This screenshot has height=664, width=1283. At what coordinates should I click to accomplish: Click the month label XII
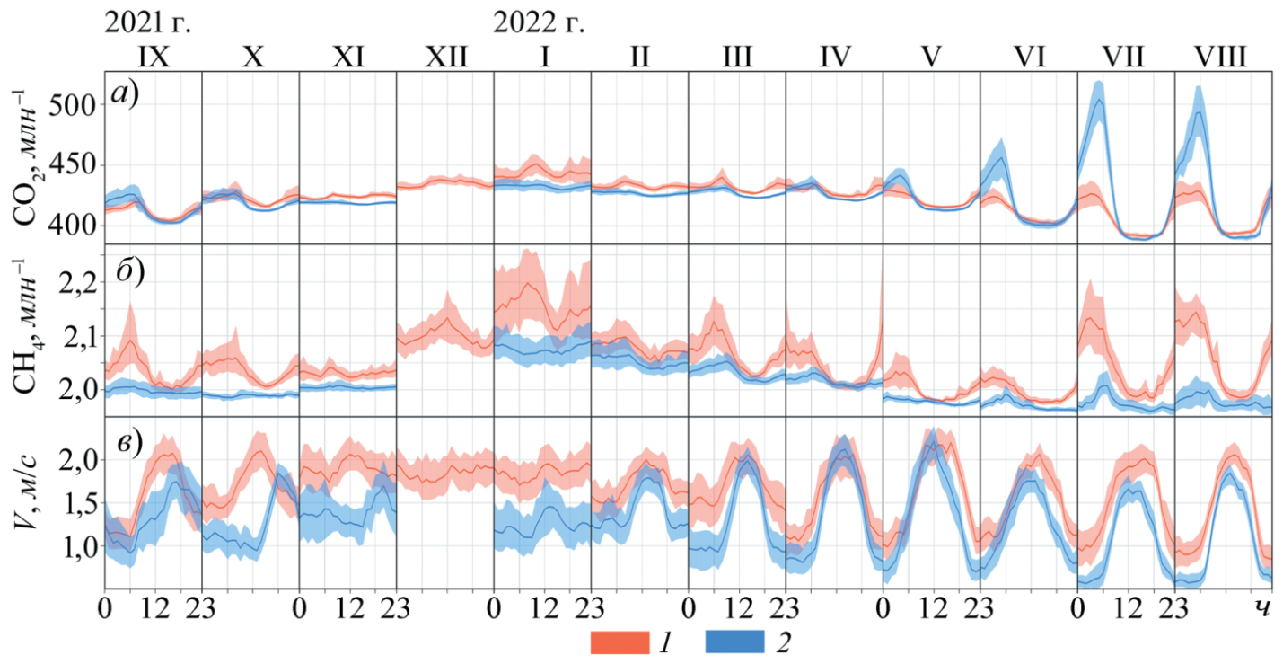coord(445,57)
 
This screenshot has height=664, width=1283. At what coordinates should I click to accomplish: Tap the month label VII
coord(1124,57)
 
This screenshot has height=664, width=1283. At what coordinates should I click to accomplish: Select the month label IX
coord(154,57)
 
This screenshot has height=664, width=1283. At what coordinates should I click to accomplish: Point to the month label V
coord(931,57)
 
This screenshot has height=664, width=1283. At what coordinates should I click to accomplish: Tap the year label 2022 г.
coord(539,22)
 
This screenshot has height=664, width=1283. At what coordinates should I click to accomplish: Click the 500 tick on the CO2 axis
coord(75,106)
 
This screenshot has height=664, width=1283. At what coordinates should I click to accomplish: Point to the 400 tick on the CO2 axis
coord(75,225)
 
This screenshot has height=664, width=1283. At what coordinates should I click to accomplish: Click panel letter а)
coord(125,93)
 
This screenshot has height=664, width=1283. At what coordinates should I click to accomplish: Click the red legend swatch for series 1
coord(619,642)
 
